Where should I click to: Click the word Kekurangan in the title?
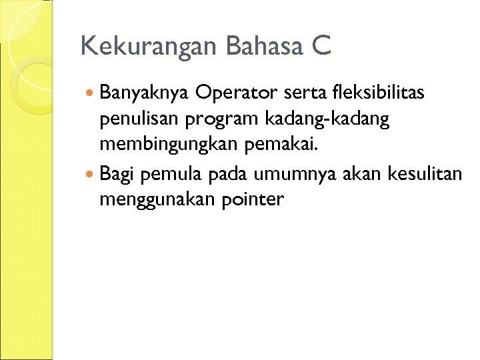149,47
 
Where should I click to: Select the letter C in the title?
321,47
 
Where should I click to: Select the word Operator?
235,92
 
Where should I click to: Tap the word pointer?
251,199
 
